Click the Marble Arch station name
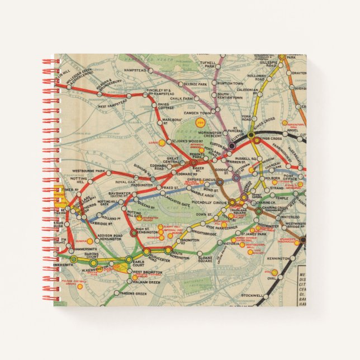[x=201, y=195]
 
